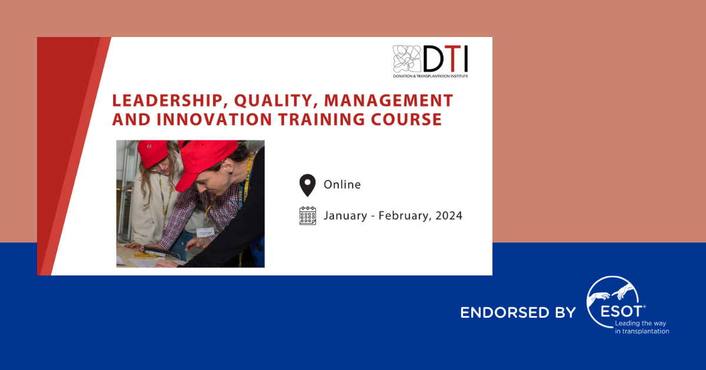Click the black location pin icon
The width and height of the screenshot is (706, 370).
point(307,185)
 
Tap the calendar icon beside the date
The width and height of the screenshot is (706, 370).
point(308,216)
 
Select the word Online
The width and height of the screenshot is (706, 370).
point(342,184)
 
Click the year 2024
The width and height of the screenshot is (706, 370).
point(449,216)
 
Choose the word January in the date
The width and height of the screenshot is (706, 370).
point(346,216)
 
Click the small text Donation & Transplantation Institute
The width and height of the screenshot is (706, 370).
point(431,76)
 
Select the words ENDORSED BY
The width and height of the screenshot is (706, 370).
point(518,312)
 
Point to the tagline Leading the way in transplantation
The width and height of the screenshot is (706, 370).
point(641,327)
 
